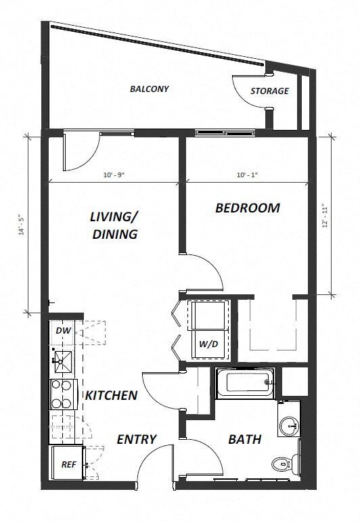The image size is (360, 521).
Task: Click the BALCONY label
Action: (149, 89)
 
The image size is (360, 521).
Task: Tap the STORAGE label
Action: (269, 91)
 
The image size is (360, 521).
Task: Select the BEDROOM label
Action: (247, 208)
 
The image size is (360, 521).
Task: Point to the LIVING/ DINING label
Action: (114, 225)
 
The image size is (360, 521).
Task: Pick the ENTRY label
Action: (137, 439)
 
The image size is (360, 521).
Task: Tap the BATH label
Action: (244, 440)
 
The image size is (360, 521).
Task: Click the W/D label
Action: (208, 343)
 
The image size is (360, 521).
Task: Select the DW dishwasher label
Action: (63, 331)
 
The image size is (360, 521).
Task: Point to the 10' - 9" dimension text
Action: (113, 175)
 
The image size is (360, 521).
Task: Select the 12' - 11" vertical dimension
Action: (325, 215)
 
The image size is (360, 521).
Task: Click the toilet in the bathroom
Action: (282, 465)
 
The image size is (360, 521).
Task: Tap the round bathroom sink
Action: (290, 426)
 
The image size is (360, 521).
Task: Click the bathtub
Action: (246, 382)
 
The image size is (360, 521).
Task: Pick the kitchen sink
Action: (62, 362)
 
